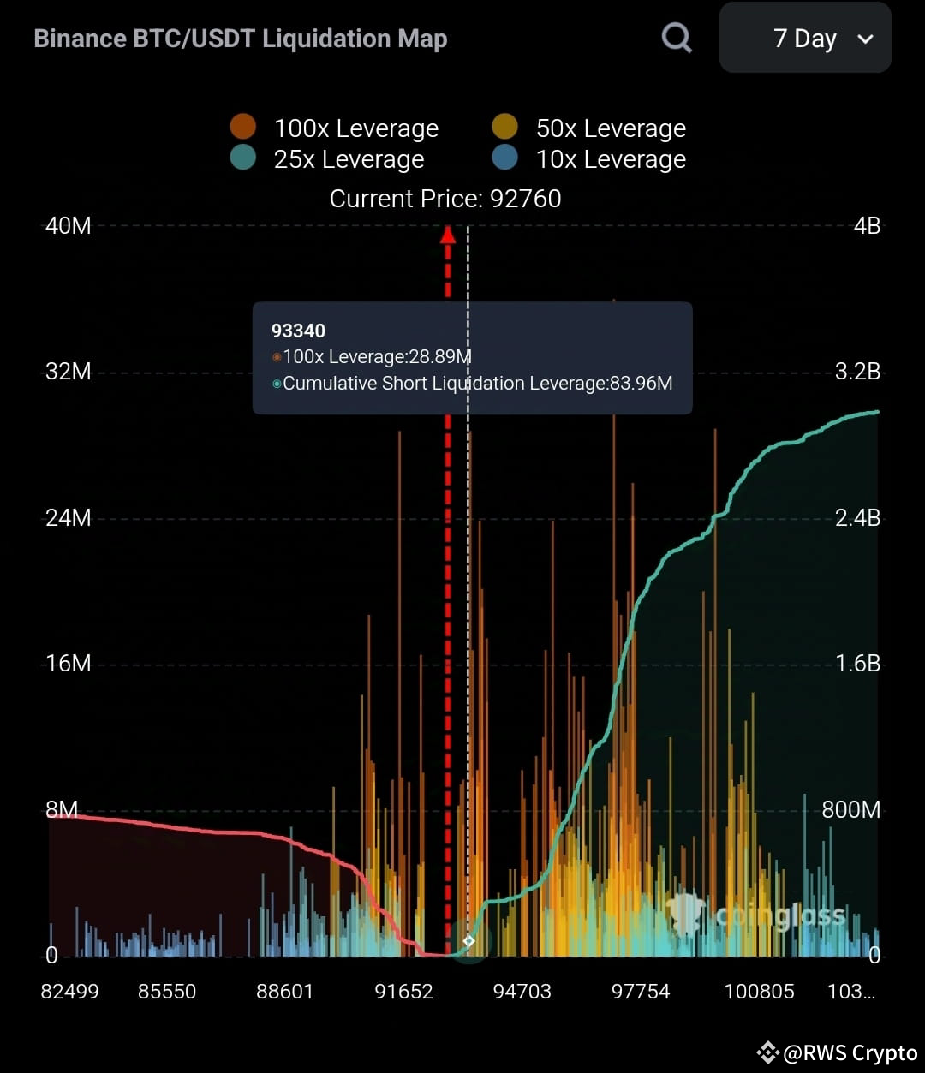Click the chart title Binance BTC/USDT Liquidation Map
[240, 39]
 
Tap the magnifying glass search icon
[677, 38]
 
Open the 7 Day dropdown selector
[805, 39]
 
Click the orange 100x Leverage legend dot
[243, 128]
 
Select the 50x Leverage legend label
[611, 128]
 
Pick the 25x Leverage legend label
[349, 159]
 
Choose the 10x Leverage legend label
[611, 159]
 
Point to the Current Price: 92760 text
[445, 199]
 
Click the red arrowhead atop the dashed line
[447, 234]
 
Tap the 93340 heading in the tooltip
[298, 331]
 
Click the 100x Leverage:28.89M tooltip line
[377, 357]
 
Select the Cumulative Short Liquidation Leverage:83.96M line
[477, 384]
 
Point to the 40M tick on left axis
[68, 226]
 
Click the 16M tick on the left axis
[68, 664]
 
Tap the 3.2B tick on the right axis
[857, 372]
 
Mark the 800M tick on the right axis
[850, 810]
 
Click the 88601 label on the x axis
[285, 992]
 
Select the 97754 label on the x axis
[641, 992]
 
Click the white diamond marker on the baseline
[468, 941]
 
